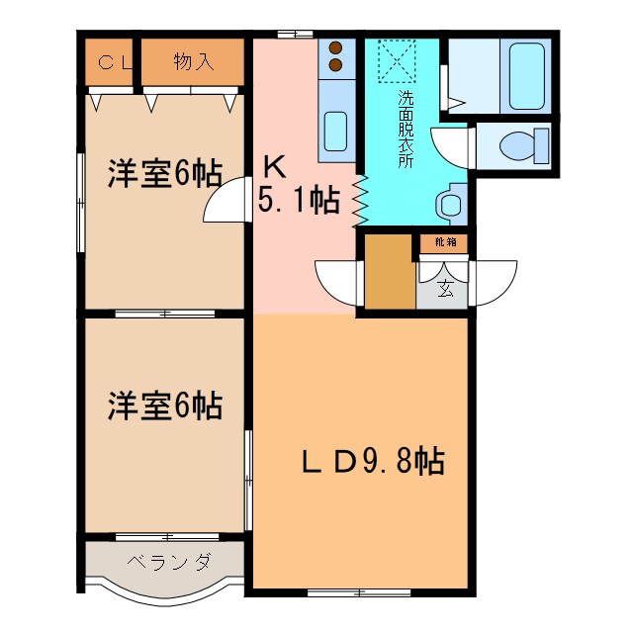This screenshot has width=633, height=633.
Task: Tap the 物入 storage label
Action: (x=193, y=62)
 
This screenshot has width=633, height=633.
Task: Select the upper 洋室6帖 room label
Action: (x=164, y=173)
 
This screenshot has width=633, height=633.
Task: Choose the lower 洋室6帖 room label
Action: (x=164, y=405)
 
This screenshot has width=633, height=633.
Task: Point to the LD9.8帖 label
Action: (x=372, y=461)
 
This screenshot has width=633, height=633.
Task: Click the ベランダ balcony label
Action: (x=168, y=563)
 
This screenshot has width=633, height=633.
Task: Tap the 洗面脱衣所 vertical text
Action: (x=406, y=129)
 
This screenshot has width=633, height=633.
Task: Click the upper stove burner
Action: (x=335, y=47)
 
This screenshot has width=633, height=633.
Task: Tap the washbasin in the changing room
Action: (x=448, y=205)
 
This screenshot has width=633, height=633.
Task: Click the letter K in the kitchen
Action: (x=274, y=165)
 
